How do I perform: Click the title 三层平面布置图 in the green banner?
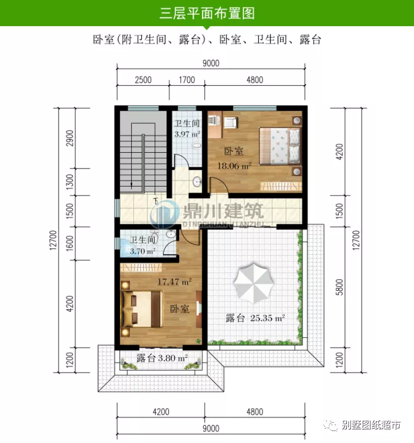coord(206,13)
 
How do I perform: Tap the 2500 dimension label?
coord(143,80)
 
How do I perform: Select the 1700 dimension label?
coord(186,80)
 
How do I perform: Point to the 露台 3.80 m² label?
coord(162,358)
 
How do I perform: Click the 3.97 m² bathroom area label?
coord(187,133)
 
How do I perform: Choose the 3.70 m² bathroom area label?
coord(141,252)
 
